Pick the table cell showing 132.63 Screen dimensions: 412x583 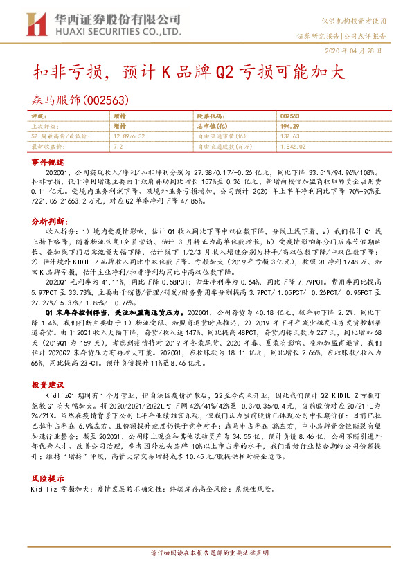click(290, 137)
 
